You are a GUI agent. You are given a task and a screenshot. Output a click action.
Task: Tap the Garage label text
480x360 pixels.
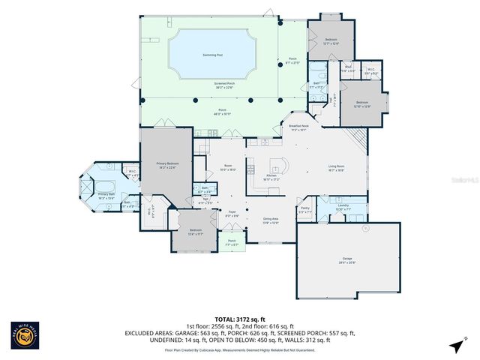pos(347,259)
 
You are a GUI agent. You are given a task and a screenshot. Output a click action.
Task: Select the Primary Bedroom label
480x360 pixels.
pos(167,165)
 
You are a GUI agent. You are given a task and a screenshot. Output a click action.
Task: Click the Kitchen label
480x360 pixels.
pos(271,177)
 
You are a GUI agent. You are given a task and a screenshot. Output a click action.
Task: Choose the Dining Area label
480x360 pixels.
pos(270,220)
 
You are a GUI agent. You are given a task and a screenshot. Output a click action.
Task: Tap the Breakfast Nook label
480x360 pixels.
pos(299,127)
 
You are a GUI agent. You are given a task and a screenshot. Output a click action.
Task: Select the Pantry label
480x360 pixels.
pos(304,210)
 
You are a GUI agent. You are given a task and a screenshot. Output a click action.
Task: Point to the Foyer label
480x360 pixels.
pos(232,214)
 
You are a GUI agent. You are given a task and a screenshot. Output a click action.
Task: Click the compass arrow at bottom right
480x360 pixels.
pos(454,346)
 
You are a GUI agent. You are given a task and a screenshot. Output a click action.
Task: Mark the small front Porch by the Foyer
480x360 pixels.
pos(232,244)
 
